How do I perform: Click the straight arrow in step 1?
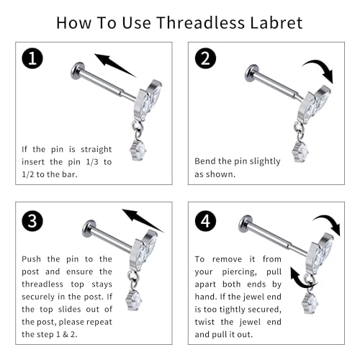coord(115,65)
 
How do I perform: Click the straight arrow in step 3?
coord(143,215)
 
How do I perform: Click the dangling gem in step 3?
coord(134,296)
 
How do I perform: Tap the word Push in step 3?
coord(32,258)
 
